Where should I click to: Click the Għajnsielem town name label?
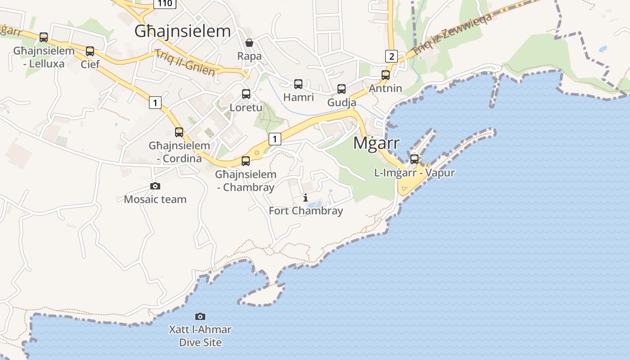click(x=182, y=31)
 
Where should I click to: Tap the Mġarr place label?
click(x=376, y=143)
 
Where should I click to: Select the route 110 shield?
click(x=165, y=3)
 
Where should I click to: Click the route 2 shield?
click(x=391, y=56)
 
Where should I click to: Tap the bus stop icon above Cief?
click(x=90, y=51)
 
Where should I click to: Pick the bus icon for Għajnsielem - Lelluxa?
click(x=44, y=37)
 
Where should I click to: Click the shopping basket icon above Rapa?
click(x=249, y=43)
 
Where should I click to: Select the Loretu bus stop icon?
click(x=246, y=94)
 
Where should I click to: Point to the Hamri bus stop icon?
click(x=298, y=84)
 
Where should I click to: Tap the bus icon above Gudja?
click(x=342, y=89)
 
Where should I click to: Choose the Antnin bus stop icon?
click(x=386, y=75)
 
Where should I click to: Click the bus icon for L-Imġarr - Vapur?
click(x=414, y=159)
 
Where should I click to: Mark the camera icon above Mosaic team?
click(x=155, y=186)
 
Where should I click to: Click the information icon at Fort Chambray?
click(x=306, y=198)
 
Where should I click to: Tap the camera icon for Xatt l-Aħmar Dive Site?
click(x=200, y=316)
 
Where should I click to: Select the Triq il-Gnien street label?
click(x=185, y=63)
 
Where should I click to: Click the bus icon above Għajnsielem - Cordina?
click(x=179, y=132)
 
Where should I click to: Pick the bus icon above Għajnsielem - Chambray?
click(x=246, y=161)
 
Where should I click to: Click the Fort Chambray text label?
click(x=306, y=211)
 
